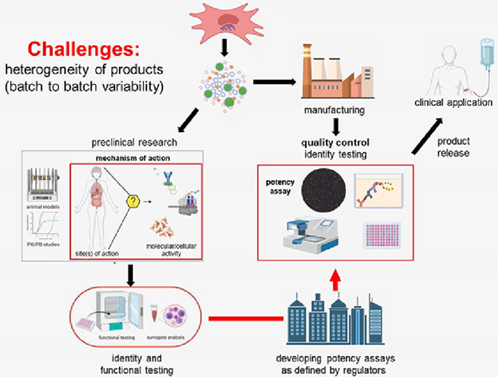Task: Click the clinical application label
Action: pyautogui.click(x=454, y=102)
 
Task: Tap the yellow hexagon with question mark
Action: pyautogui.click(x=135, y=202)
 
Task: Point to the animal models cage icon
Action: pyautogui.click(x=44, y=184)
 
